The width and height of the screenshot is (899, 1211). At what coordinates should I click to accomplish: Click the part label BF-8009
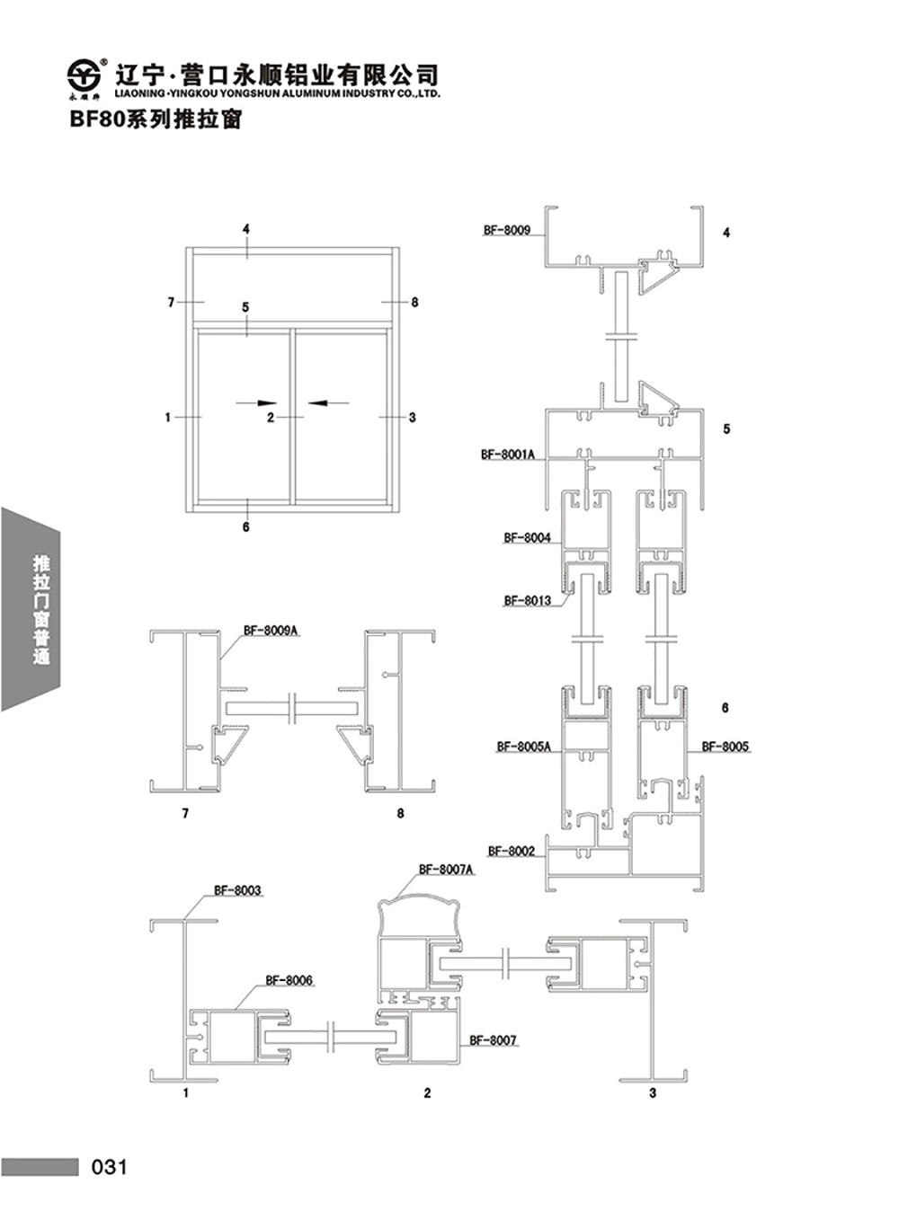[x=506, y=230]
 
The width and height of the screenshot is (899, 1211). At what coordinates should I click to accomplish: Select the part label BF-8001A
[x=508, y=455]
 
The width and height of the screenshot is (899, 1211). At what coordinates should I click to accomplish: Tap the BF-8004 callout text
[x=527, y=538]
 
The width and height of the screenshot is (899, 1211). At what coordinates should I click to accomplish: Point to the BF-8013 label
[x=527, y=601]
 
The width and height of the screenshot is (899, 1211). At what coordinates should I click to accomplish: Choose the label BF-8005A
[x=524, y=747]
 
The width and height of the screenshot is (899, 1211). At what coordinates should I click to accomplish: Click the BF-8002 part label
[x=511, y=851]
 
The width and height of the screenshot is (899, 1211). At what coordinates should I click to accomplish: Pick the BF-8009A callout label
[x=271, y=631]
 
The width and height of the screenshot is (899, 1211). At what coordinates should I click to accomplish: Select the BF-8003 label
[x=237, y=891]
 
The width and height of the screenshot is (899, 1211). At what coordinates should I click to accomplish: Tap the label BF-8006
[x=289, y=980]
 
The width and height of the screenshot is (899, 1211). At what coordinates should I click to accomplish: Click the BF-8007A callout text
[x=446, y=870]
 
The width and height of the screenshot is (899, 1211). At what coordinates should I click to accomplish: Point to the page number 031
[x=110, y=1167]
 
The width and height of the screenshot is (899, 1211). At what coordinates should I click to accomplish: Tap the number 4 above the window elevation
[x=245, y=230]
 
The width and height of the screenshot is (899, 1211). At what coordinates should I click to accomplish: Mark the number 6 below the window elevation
[x=245, y=527]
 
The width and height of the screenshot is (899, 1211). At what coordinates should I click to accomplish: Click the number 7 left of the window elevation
[x=171, y=303]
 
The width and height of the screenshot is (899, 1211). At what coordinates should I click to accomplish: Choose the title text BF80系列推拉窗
[x=156, y=119]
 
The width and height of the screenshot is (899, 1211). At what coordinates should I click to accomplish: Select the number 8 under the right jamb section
[x=400, y=814]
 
